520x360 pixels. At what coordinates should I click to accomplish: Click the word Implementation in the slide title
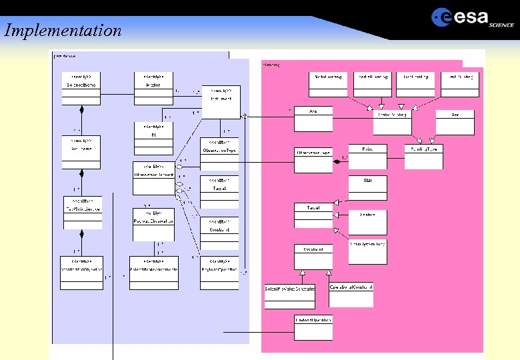pos(63,31)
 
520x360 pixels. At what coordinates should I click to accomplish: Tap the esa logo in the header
pos(461,17)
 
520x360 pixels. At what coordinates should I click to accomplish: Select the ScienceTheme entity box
pos(81,87)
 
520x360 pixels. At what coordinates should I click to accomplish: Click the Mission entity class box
pos(153,87)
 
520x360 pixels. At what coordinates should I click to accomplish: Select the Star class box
pos(367,188)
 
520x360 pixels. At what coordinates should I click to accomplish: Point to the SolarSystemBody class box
pos(367,252)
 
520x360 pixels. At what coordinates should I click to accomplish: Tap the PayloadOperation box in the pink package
pos(313,327)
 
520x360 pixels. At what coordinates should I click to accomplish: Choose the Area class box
pos(313,119)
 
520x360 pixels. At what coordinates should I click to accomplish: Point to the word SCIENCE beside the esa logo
pos(501,25)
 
